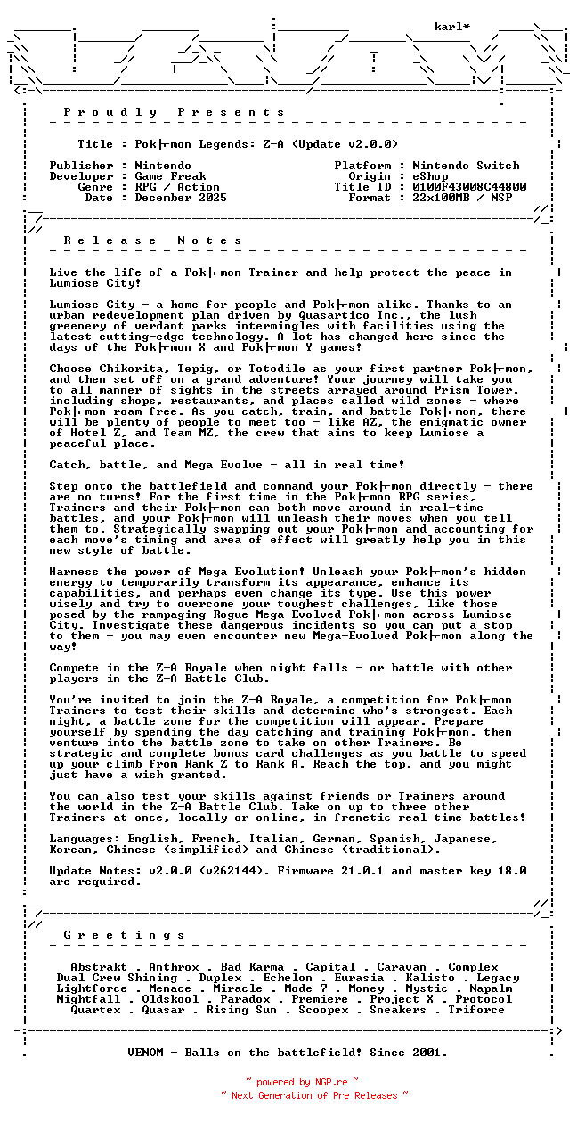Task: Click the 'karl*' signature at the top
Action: click(452, 27)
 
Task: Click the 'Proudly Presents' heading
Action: click(175, 112)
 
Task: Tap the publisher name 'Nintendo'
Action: click(163, 166)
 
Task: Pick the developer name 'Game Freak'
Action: click(170, 176)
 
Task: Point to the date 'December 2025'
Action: click(181, 198)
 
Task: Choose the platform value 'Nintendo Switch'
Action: click(466, 166)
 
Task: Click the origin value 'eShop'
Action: click(430, 176)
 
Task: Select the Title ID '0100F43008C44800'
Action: click(469, 187)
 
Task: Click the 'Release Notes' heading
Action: click(153, 240)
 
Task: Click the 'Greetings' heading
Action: click(125, 935)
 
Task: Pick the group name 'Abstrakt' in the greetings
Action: click(99, 967)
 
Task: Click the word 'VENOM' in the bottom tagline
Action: click(145, 1053)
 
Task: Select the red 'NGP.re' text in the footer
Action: click(330, 1083)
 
